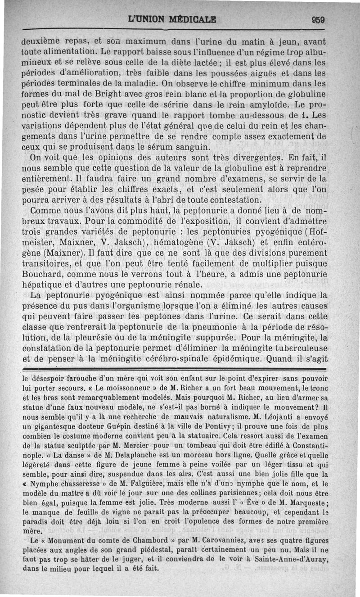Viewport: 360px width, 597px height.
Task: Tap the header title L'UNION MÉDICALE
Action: click(172, 20)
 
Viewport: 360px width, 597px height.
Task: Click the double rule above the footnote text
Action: click(174, 368)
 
